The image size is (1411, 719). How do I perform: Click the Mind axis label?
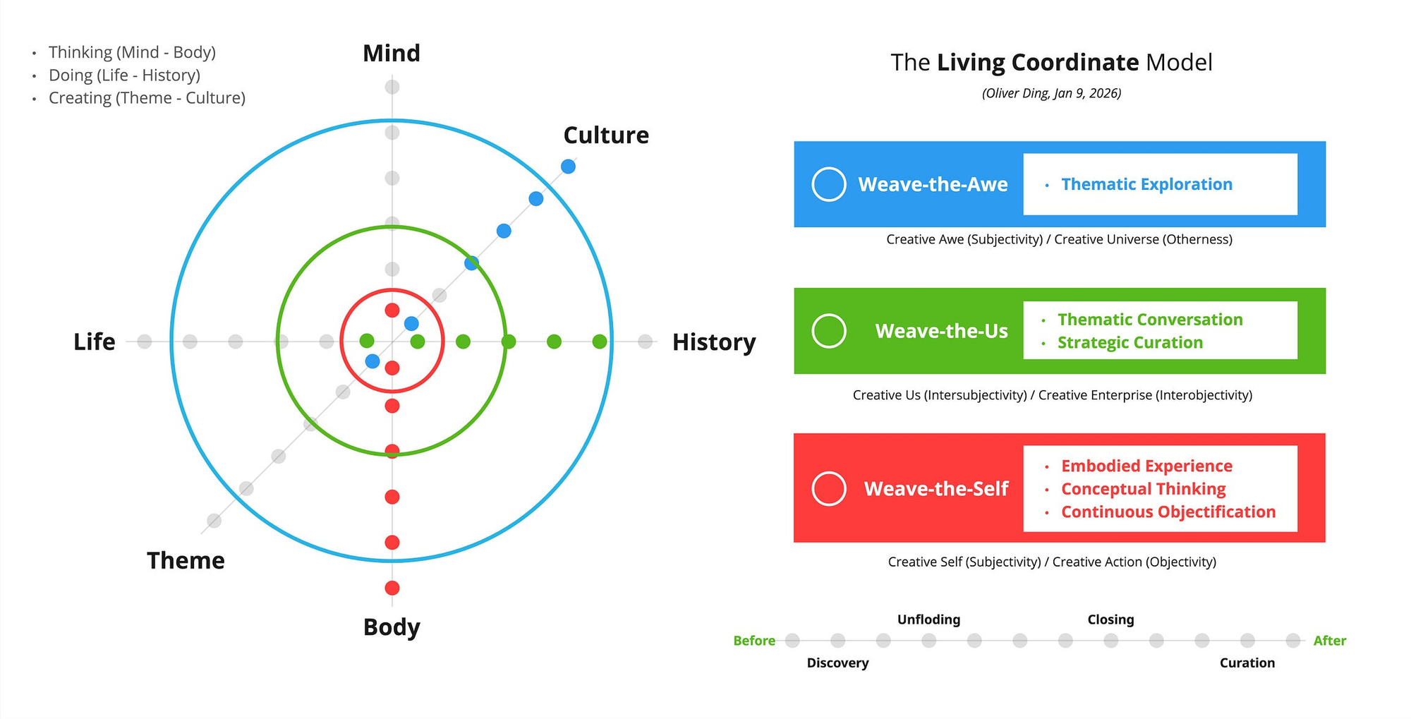click(x=392, y=54)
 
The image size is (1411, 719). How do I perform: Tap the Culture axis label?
click(x=606, y=135)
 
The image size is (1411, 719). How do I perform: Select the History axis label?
click(x=714, y=342)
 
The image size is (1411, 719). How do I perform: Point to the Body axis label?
click(x=392, y=627)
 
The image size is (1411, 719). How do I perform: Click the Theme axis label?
click(x=186, y=561)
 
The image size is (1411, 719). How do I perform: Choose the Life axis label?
click(x=95, y=342)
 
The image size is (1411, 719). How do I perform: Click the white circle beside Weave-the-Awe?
click(x=829, y=184)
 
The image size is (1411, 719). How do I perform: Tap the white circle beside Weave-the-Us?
click(x=829, y=331)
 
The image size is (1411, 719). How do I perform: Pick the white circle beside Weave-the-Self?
click(x=829, y=488)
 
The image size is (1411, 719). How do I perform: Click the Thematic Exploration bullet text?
click(x=1147, y=184)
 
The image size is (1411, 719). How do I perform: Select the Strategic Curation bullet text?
click(x=1130, y=343)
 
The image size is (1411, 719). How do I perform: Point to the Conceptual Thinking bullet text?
click(x=1144, y=489)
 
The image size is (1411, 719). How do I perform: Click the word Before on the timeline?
click(x=754, y=641)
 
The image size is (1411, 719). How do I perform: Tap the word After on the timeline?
click(x=1330, y=641)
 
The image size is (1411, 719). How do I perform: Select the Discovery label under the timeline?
click(x=837, y=663)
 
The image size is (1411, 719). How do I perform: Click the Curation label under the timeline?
click(x=1247, y=663)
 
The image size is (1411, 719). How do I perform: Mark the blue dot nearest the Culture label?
click(x=568, y=167)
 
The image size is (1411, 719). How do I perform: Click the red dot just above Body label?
click(x=392, y=588)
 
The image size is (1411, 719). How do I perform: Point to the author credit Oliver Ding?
click(x=1051, y=93)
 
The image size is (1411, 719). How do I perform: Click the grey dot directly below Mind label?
click(x=392, y=87)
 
